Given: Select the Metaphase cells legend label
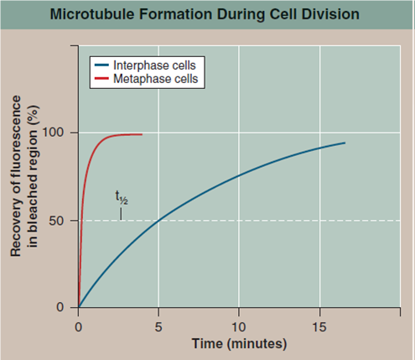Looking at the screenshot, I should click(x=160, y=79).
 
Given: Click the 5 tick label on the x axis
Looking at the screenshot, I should click(x=158, y=326).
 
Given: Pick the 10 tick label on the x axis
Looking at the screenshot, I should click(x=239, y=326).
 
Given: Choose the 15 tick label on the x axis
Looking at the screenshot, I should click(x=319, y=326).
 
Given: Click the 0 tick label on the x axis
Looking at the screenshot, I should click(x=78, y=326).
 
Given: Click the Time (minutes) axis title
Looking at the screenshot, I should click(x=239, y=344).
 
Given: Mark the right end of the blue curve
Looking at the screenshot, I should click(x=345, y=143).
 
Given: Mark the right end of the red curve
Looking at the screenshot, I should click(x=142, y=134).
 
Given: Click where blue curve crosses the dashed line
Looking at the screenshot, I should click(x=158, y=221).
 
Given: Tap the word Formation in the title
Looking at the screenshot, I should click(x=178, y=15).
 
